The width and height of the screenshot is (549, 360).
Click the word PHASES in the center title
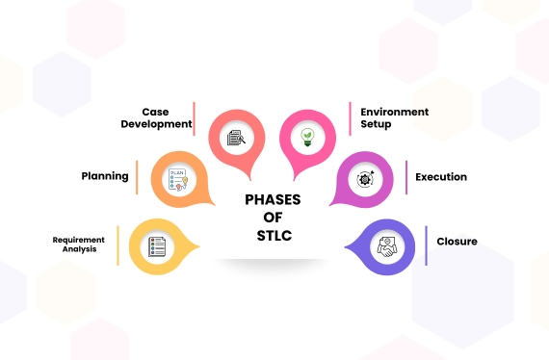(x=274, y=199)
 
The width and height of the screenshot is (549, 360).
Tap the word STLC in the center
(x=274, y=235)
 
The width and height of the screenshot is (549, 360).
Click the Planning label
(x=105, y=176)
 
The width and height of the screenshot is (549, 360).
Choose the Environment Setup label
(x=394, y=117)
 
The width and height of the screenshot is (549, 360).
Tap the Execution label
(x=441, y=177)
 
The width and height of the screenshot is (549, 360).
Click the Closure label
(x=457, y=242)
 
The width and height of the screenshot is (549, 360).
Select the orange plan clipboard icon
(x=178, y=180)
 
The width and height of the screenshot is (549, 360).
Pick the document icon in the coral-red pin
(x=236, y=137)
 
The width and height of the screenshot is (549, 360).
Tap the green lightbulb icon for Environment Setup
(x=307, y=136)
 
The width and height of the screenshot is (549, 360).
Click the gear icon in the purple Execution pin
(x=366, y=178)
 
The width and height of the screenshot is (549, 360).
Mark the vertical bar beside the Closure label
(x=427, y=244)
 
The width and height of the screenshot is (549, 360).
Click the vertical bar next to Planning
(x=137, y=177)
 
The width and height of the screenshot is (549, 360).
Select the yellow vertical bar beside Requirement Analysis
(x=118, y=244)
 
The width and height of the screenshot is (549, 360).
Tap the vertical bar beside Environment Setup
(x=350, y=118)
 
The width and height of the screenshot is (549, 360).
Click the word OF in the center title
(x=274, y=218)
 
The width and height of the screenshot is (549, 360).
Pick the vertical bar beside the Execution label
(x=405, y=178)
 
